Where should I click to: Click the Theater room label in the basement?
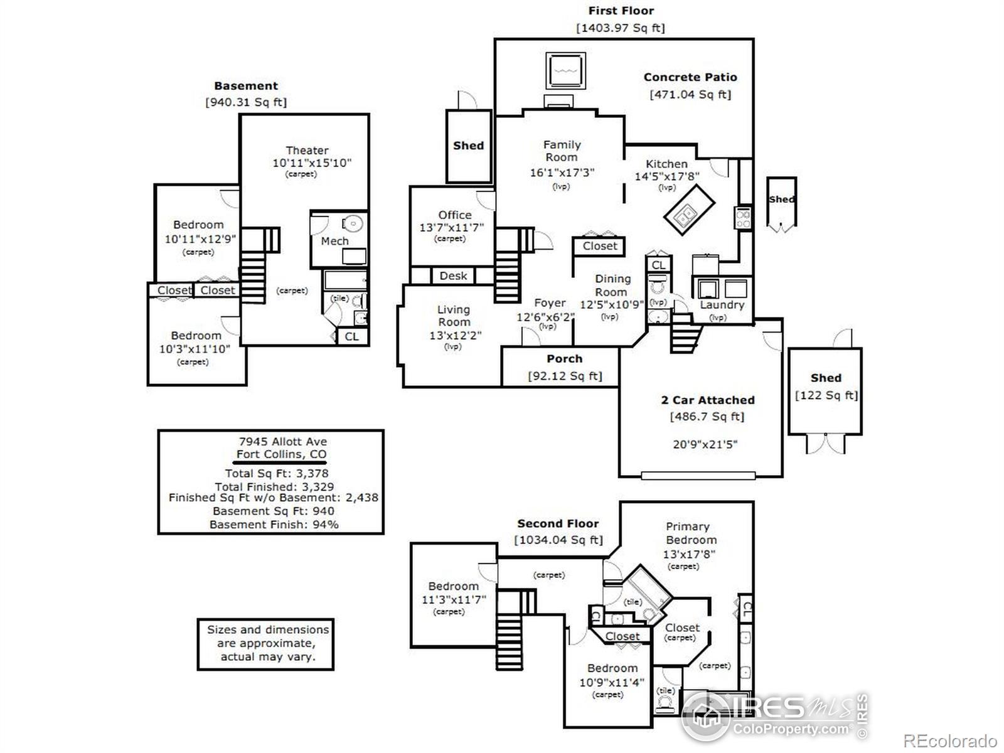307,151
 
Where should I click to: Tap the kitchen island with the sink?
690,211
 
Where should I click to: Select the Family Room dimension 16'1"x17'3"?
562,172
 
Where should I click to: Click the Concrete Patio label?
690,77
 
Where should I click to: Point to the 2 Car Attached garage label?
707,400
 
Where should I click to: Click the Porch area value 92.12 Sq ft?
565,376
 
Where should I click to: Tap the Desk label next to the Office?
453,276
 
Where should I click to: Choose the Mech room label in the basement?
334,241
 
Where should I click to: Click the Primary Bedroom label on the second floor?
690,533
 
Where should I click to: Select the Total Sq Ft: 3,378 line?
277,473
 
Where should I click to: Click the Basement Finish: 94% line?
274,525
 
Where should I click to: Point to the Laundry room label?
722,305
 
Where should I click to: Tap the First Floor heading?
621,11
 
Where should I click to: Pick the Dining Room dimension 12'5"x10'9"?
611,305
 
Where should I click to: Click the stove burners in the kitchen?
743,218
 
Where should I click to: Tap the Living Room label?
453,316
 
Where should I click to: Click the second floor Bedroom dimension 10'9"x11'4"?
611,682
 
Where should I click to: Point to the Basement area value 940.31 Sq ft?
246,102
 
